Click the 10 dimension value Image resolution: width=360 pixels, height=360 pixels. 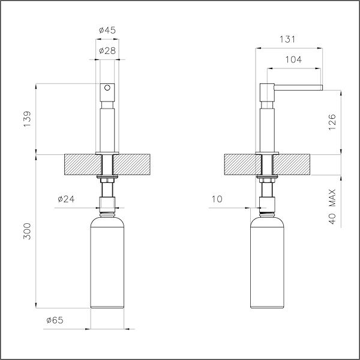pyautogui.click(x=218, y=199)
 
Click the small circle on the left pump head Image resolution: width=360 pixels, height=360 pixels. pyautogui.click(x=107, y=88)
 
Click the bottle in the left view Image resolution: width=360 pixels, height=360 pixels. pyautogui.click(x=107, y=264)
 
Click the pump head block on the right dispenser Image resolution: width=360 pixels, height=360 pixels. pyautogui.click(x=266, y=93)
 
